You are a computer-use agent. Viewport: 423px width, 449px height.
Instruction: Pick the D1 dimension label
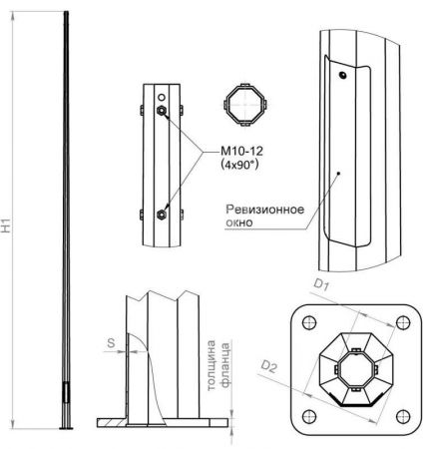pyautogui.click(x=321, y=286)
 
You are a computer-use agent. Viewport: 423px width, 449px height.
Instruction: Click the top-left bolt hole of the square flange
pyautogui.click(x=308, y=322)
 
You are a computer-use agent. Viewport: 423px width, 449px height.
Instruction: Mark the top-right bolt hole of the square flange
pyautogui.click(x=401, y=322)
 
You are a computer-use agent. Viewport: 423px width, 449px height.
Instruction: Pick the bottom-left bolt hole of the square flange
pyautogui.click(x=308, y=415)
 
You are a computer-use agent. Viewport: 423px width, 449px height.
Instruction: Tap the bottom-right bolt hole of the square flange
pyautogui.click(x=401, y=415)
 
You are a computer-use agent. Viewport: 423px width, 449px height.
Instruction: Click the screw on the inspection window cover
pyautogui.click(x=341, y=75)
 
